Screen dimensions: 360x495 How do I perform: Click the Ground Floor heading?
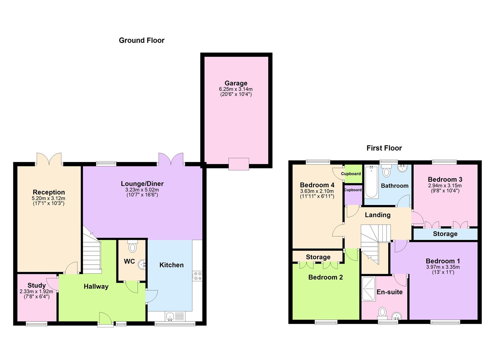click(142, 40)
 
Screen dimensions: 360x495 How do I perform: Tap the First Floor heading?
click(384, 148)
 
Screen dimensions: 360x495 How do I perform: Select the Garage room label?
click(236, 83)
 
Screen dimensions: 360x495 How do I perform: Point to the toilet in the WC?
click(132, 247)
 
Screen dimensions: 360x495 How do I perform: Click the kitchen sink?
click(170, 316)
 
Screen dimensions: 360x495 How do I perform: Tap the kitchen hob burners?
click(197, 276)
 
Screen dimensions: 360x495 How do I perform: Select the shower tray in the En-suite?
click(368, 289)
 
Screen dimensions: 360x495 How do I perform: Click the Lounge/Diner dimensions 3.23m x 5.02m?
click(142, 190)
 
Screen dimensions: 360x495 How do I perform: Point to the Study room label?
click(37, 286)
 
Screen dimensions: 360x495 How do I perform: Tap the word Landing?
click(377, 215)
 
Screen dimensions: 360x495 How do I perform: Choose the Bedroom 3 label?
click(445, 180)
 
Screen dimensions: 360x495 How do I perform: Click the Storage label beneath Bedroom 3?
click(445, 234)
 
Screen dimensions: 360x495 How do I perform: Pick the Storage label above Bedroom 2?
click(318, 257)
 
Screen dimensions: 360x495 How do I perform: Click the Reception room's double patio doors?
click(49, 159)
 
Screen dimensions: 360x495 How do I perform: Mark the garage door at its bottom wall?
click(239, 164)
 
